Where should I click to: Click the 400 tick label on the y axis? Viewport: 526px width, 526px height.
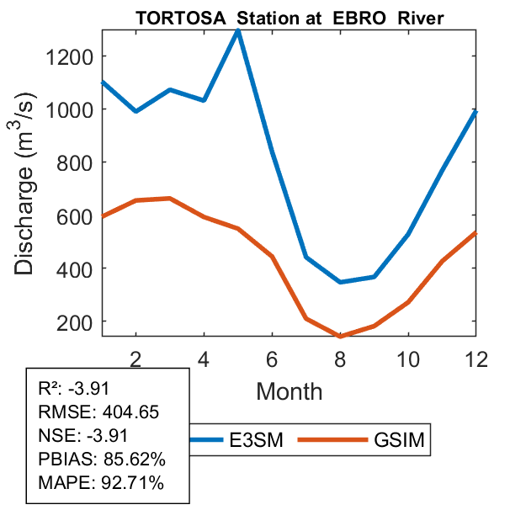tap(72, 268)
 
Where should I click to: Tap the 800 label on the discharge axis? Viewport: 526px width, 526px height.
tap(72, 162)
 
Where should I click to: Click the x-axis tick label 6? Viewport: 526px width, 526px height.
tap(272, 359)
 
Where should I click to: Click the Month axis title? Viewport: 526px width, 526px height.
tap(289, 391)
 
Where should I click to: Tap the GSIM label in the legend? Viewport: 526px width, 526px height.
tap(399, 440)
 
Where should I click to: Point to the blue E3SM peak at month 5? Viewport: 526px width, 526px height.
tap(239, 31)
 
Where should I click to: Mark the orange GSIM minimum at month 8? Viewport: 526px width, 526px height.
tap(340, 337)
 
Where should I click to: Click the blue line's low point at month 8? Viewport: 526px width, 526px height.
tap(340, 282)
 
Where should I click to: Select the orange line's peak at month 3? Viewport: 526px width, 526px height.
tap(170, 199)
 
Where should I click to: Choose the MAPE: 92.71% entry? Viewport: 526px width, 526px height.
tap(101, 483)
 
